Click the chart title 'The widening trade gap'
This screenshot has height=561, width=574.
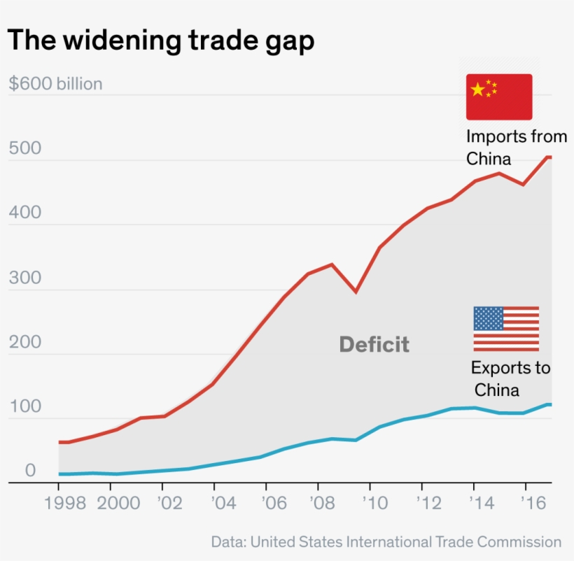pos(160,41)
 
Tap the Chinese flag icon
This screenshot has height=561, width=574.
pos(499,97)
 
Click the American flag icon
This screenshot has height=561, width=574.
pos(506,329)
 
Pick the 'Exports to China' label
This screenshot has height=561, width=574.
pos(510,378)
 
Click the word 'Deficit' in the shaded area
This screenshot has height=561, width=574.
pos(374,344)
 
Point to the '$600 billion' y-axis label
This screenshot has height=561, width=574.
pos(55,84)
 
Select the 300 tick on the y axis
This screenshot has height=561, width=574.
pos(24,278)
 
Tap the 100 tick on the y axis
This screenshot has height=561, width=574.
pos(24,407)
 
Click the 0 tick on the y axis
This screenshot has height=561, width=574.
pos(30,471)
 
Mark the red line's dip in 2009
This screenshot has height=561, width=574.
pos(356,292)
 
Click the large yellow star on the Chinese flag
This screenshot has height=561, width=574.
pos(478,89)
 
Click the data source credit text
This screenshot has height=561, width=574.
pos(386,542)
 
